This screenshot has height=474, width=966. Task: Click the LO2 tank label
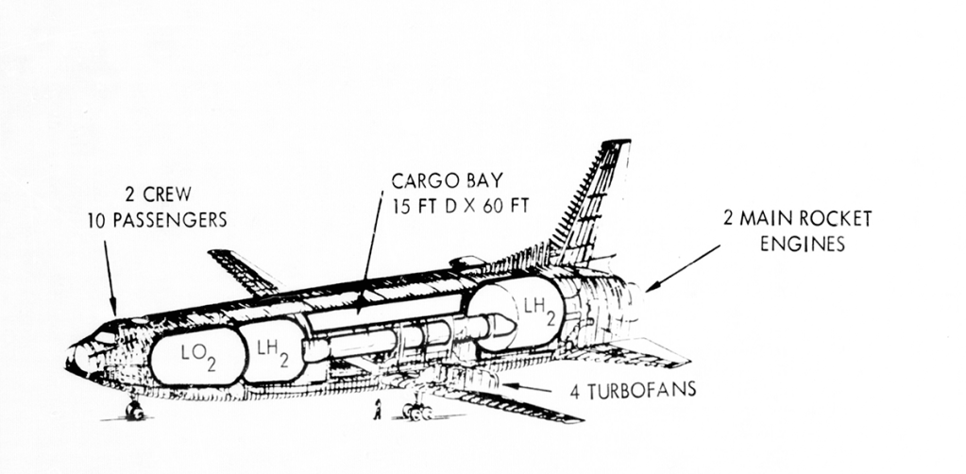click(197, 356)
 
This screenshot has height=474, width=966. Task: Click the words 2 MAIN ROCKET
click(797, 220)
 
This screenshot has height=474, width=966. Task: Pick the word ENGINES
click(800, 244)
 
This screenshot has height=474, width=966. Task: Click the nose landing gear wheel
click(133, 411)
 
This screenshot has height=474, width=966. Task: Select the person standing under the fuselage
click(377, 409)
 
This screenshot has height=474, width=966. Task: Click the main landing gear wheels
click(415, 411)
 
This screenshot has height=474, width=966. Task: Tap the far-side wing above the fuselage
click(241, 271)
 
